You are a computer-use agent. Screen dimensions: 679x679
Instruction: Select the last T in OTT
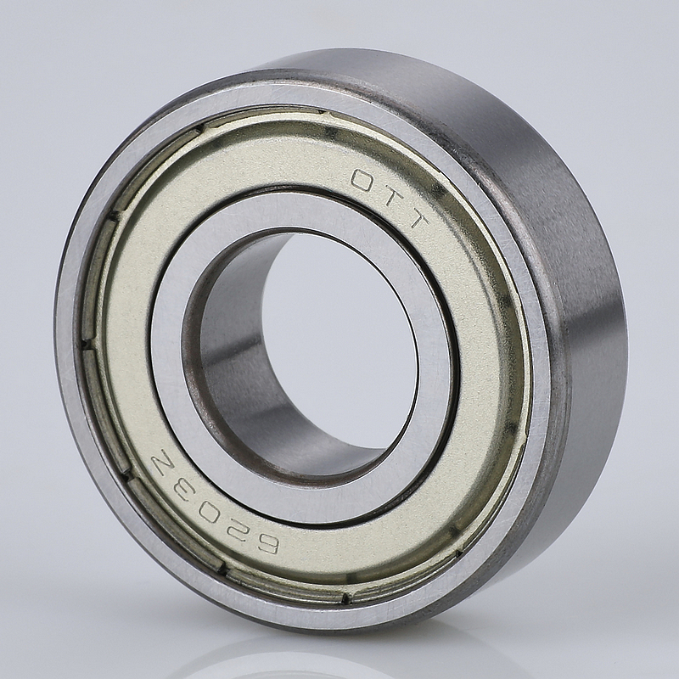pyautogui.click(x=413, y=220)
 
